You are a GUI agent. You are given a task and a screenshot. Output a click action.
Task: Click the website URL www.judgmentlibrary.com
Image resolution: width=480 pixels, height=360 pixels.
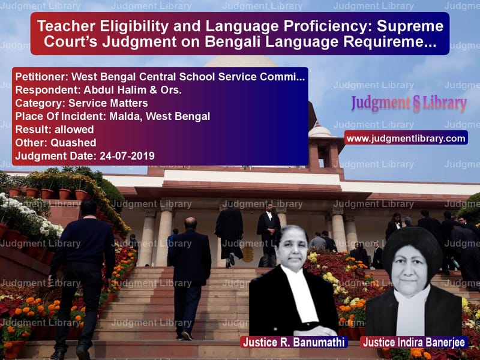[405, 139]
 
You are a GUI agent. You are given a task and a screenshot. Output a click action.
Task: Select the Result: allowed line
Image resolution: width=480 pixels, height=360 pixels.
[54, 130]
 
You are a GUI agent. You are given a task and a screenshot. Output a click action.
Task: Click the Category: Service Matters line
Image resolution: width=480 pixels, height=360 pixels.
[81, 103]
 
